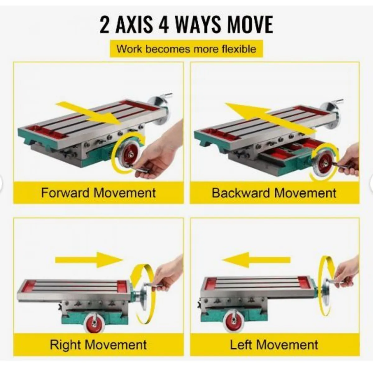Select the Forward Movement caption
pos(98,193)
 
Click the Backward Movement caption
pos(274,193)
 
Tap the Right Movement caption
pos(98,345)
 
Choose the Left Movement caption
pos(274,345)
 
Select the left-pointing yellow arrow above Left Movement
pos(256,260)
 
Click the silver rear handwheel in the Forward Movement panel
pos(158,111)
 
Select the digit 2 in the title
pos(104,25)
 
